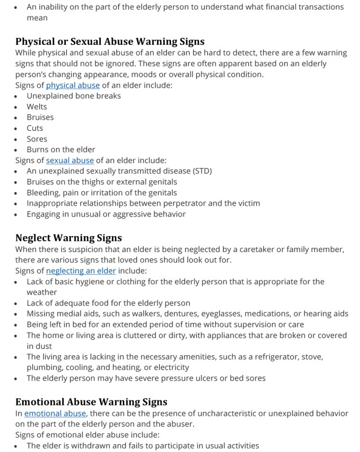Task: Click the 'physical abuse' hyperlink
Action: [x=73, y=85]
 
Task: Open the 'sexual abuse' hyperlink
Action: [x=70, y=160]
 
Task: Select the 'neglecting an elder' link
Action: [x=81, y=271]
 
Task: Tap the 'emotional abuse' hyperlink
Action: [x=55, y=413]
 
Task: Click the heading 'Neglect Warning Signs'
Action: [x=68, y=238]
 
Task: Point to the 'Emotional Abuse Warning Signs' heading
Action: [x=91, y=402]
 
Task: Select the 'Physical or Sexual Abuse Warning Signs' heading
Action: [x=110, y=41]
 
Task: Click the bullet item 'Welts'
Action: [x=37, y=106]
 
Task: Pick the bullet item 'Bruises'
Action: [x=40, y=117]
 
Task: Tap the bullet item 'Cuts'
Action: [x=35, y=128]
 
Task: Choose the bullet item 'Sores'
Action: [x=37, y=139]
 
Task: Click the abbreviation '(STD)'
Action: [x=200, y=171]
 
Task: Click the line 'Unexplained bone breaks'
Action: [x=74, y=96]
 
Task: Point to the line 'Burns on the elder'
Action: [x=61, y=150]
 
